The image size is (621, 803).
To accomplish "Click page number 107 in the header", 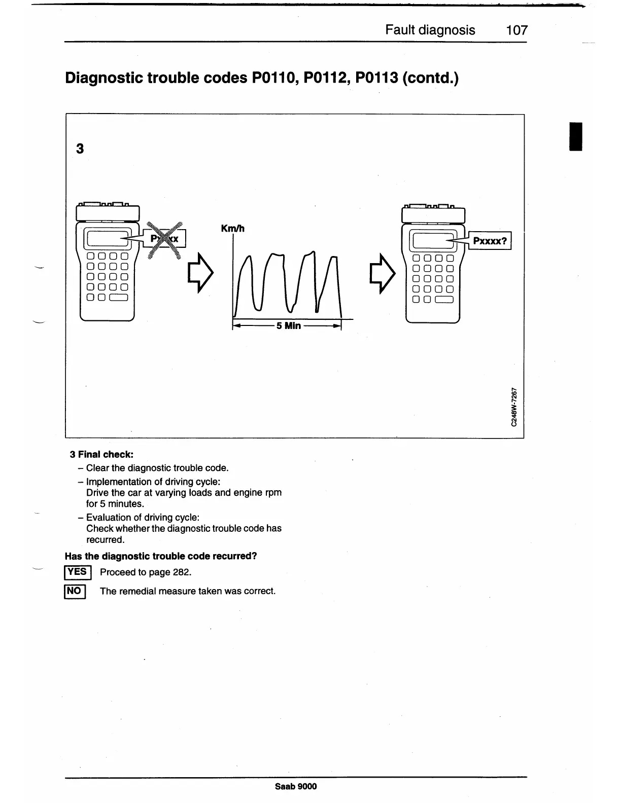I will point(516,30).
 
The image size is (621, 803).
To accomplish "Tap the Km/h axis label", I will point(233,229).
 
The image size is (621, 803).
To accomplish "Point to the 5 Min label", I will point(288,325).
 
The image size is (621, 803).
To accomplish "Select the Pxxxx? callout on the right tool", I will point(490,241).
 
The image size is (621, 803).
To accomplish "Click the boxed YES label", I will point(77,572).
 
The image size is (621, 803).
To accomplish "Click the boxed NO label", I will point(75,591).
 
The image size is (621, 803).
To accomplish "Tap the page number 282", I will point(181,572).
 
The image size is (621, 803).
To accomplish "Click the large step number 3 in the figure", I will point(80,149).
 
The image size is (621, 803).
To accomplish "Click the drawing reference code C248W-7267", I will point(514,407).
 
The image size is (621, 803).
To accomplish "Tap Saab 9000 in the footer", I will point(295,786).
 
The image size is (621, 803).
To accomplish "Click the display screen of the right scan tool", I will point(431,240).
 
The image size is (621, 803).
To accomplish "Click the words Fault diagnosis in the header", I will point(430,30).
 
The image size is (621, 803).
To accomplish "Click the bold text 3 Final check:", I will point(101,454).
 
